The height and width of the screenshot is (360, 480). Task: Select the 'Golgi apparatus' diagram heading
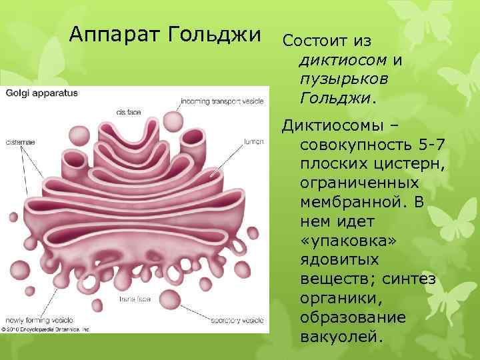point(42,93)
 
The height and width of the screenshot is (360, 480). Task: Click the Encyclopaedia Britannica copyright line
point(45,329)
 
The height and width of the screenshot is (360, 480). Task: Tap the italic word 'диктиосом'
point(343,60)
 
